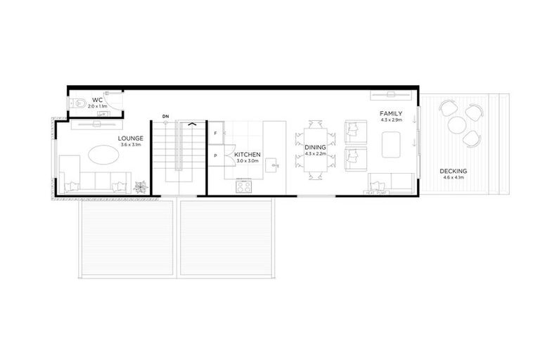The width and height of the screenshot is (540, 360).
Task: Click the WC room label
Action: [x=97, y=100]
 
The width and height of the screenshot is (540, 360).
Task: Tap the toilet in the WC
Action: [x=80, y=103]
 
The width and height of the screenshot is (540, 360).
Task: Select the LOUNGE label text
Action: [x=131, y=139]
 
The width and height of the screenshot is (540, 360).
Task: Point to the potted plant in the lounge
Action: [x=141, y=186]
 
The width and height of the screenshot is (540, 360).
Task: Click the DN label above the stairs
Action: [x=165, y=115]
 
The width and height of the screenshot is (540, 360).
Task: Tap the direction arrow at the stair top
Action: [x=190, y=124]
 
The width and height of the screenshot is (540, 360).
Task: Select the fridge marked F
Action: [x=214, y=132]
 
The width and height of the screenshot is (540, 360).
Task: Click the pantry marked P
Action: [x=214, y=155]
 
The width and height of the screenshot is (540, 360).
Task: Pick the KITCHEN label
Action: [x=247, y=154]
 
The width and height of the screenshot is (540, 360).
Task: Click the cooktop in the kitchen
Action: [x=243, y=186]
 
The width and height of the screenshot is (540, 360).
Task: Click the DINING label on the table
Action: [x=315, y=147]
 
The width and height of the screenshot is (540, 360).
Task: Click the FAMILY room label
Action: [x=390, y=113]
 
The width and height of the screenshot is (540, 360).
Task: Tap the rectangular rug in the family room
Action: [x=390, y=146]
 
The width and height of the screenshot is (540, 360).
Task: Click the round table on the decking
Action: [x=457, y=124]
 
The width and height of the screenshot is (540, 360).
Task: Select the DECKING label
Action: [x=454, y=171]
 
